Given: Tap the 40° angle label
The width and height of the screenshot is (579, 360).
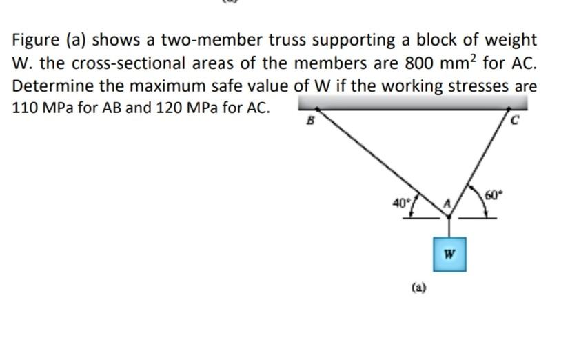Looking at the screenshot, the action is tap(400, 203).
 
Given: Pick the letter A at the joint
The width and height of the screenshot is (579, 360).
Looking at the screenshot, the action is tap(446, 202).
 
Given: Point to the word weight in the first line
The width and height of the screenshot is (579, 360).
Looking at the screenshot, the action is tap(507, 41).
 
